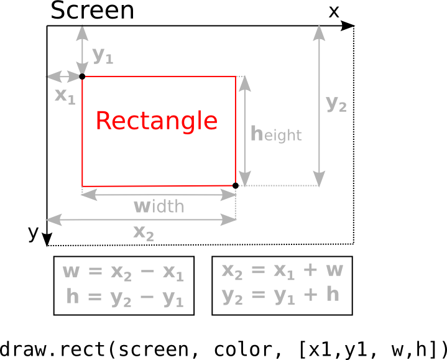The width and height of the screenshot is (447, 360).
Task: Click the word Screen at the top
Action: pos(92,11)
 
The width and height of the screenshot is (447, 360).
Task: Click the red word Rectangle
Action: pos(157,121)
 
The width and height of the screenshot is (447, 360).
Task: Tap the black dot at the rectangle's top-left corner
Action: pos(82,76)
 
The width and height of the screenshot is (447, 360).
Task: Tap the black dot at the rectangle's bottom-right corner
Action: pos(236,185)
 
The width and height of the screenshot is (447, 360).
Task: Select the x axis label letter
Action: pos(334,11)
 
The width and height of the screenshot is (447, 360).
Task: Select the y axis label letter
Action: pos(34,233)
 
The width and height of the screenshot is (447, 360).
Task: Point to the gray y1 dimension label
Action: pos(103,55)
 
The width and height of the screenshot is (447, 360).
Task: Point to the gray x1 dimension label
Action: pos(65,96)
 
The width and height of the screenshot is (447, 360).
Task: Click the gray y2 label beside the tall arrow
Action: pos(336,104)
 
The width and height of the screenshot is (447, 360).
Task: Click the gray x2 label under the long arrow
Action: pos(143,233)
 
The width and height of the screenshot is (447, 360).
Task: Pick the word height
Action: pos(276,134)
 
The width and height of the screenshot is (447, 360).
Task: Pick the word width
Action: pos(159,206)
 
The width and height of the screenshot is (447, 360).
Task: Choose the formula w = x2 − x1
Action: pos(123,272)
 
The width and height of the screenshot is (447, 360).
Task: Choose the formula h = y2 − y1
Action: pos(124,297)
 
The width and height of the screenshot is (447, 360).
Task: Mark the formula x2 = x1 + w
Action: pos(282,270)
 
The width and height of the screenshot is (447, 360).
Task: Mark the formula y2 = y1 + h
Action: pos(282,295)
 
